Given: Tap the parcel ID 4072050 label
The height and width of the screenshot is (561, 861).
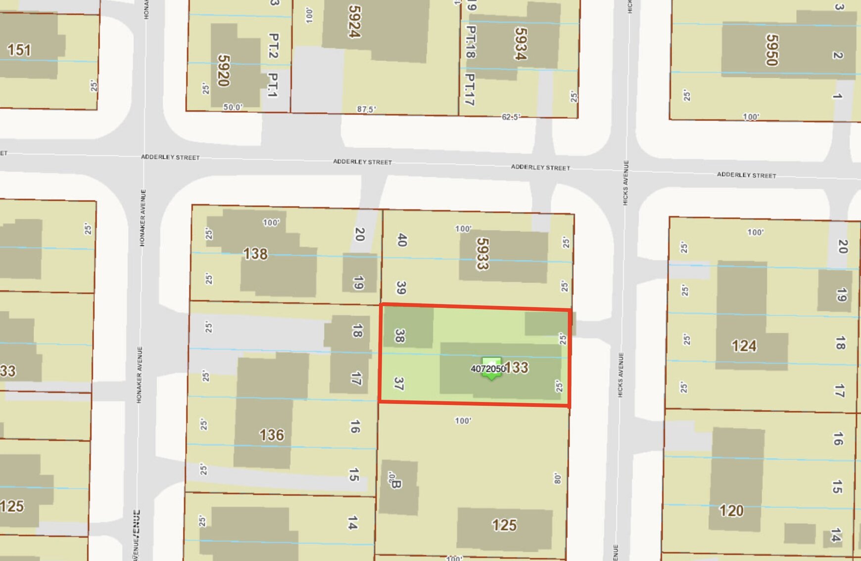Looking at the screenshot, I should coord(488,369).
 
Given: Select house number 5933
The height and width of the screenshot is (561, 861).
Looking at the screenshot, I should coord(482,254).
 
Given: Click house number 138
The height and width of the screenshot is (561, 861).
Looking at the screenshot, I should coord(255,254).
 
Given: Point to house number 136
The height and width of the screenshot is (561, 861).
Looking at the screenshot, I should coord(272,435).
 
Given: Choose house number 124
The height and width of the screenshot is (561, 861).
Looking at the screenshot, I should coord(744,346).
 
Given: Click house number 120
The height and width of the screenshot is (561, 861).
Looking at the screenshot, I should coord(731,510).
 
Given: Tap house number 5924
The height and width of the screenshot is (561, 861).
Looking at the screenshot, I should coord(354,21).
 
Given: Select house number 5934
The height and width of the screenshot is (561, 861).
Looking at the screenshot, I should coord(520,43).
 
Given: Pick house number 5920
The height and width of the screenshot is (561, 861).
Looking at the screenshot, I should coord(224,70).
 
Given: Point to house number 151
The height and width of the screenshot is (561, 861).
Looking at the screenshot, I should coord(19,50).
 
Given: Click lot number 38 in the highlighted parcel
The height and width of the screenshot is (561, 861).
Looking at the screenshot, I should coord(400,336).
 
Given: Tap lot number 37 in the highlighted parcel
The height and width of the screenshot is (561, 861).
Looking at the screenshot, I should coord(399,383).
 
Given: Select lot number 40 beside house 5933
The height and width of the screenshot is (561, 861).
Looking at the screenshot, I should coord(402,240).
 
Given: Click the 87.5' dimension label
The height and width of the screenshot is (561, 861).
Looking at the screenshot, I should coord(366,109).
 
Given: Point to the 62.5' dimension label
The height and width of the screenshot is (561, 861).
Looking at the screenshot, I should coord(511,117).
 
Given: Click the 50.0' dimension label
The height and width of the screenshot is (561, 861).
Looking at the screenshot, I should coord(233,107).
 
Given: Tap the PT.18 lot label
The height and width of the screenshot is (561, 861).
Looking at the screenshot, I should coord(471,42).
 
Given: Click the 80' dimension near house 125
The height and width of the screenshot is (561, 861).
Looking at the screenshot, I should coord(557,478).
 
